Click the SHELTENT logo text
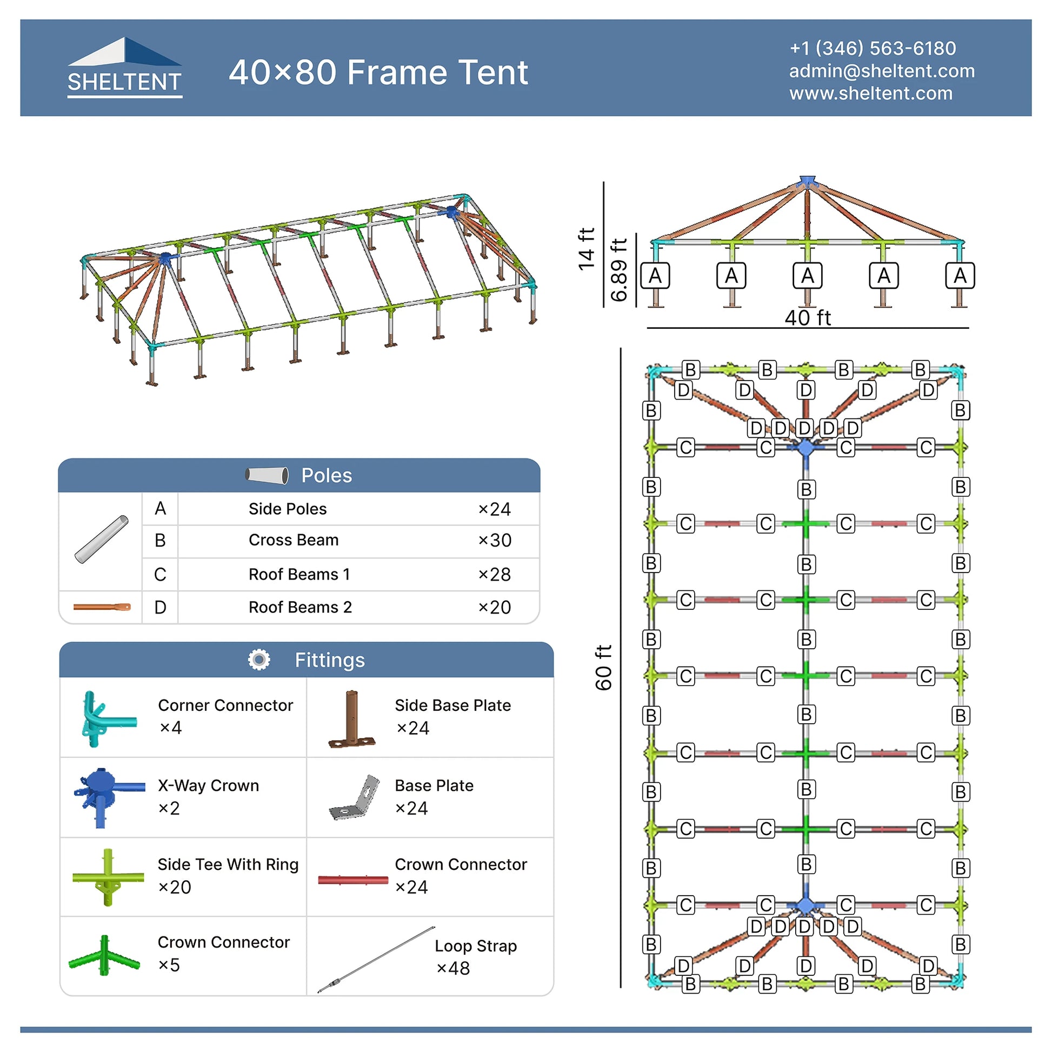(124, 82)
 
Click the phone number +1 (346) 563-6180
(873, 49)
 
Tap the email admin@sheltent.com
(882, 71)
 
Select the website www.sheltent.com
(871, 93)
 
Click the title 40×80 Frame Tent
(378, 72)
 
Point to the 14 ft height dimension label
(586, 249)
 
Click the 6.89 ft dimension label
(619, 270)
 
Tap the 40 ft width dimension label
(808, 317)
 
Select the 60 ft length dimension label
(603, 668)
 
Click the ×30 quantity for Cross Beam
(495, 540)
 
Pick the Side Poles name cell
(288, 509)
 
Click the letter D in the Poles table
(160, 607)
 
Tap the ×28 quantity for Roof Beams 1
(495, 574)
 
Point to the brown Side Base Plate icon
(352, 719)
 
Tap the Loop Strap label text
(475, 946)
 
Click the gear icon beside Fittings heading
(259, 660)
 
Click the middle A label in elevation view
(808, 276)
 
